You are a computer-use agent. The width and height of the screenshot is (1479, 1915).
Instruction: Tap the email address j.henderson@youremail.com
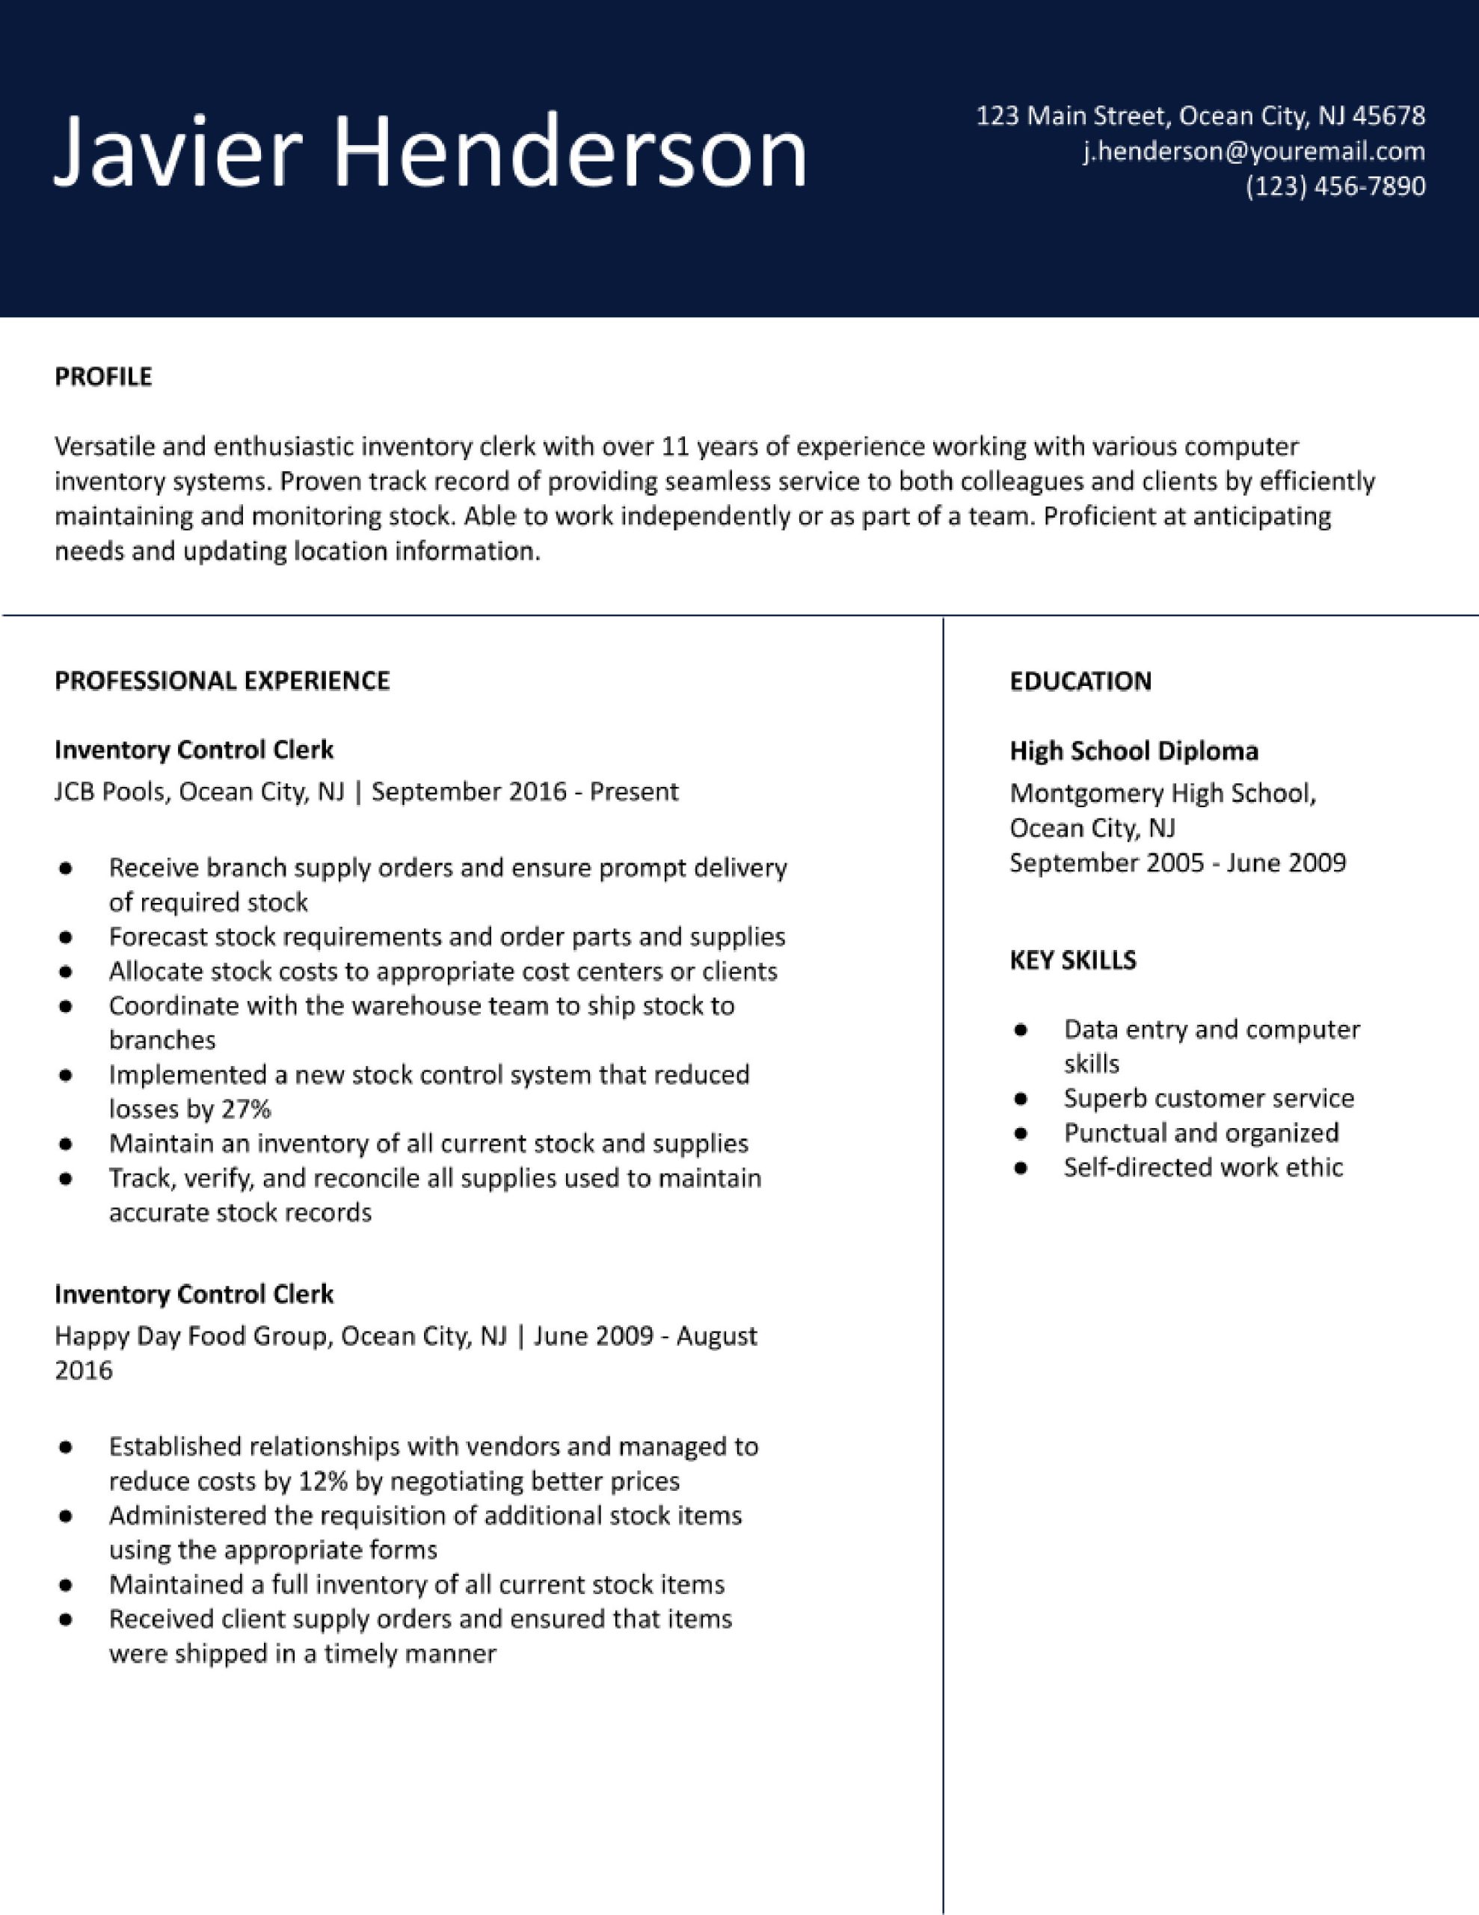1254,151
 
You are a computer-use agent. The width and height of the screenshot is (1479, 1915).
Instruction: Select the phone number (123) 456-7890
1335,186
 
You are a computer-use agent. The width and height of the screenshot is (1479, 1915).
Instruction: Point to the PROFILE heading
103,376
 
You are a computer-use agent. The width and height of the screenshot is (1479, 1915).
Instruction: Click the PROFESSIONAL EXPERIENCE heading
222,681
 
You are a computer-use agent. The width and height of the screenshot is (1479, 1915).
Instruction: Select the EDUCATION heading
1080,681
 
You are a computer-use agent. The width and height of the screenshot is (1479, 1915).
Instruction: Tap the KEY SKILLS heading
1072,960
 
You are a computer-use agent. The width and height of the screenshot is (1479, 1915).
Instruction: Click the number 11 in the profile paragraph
676,447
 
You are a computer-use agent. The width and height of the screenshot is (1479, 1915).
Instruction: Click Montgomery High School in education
1162,793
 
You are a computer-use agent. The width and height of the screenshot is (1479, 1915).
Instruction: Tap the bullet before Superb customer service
1020,1099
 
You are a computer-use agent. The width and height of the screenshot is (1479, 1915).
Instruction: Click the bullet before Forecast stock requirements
65,937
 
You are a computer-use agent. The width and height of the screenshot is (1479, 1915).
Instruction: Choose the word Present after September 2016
634,791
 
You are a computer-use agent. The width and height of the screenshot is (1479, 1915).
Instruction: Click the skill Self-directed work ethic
1203,1167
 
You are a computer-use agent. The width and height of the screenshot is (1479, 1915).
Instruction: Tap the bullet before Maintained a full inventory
65,1584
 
